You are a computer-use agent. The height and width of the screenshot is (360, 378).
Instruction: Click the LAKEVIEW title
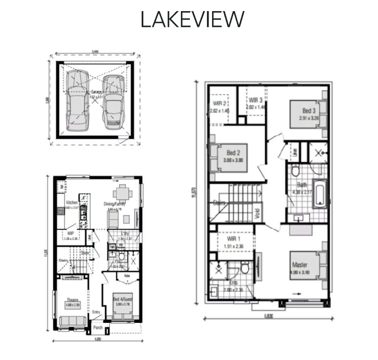coord(192,20)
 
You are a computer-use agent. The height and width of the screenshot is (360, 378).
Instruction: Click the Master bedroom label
coord(299,265)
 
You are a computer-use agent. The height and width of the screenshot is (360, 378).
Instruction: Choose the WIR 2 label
coord(220,103)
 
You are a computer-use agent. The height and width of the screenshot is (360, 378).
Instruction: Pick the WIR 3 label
coord(256,100)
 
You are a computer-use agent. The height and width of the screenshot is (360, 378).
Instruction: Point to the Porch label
coord(98,328)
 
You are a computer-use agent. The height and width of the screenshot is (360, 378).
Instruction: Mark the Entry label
coord(96,312)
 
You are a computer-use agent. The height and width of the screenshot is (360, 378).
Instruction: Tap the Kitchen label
coord(71,202)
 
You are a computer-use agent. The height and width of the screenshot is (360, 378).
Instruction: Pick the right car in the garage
coord(113,102)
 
